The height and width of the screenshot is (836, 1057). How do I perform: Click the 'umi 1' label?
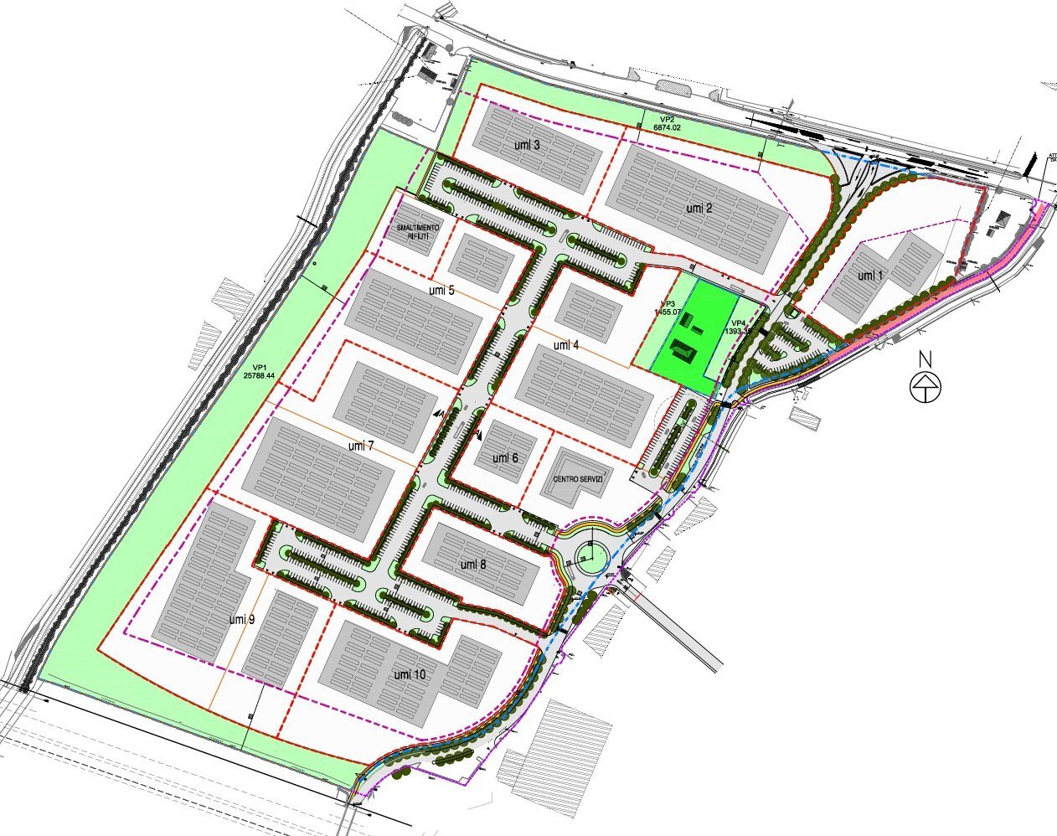coord(870,276)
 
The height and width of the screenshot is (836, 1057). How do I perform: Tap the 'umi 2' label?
coord(699,208)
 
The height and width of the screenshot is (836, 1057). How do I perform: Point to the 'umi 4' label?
coord(566,344)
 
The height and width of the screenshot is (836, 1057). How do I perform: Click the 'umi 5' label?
coord(441,291)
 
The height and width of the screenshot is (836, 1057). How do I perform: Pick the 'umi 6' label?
coord(505,458)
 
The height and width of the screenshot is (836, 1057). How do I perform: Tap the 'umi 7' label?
coord(361,446)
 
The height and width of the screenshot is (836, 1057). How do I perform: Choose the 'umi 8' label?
coord(473,565)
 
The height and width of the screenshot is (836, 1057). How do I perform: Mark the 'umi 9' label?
coord(241,619)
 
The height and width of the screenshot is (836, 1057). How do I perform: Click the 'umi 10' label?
coord(410,674)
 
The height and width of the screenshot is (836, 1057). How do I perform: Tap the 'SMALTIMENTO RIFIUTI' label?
coord(417,232)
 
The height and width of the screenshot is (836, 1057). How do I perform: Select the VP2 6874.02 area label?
coord(667,123)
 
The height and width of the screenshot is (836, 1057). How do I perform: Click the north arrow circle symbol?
coord(926,387)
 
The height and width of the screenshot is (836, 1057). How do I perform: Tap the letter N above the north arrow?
coord(926,359)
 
